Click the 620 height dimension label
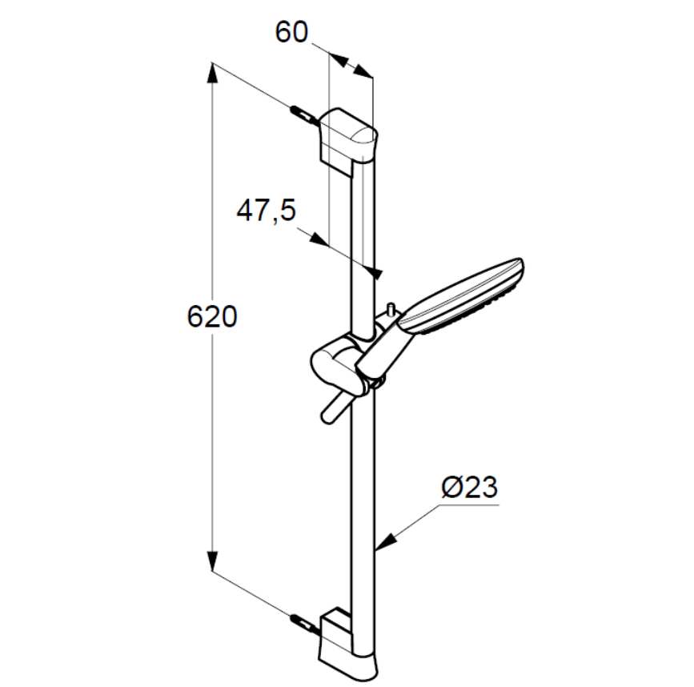(x=212, y=317)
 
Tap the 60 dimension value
(x=291, y=32)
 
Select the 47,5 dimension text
(x=267, y=211)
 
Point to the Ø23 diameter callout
(x=470, y=488)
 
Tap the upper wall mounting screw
(x=304, y=115)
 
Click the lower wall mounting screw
(x=304, y=625)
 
